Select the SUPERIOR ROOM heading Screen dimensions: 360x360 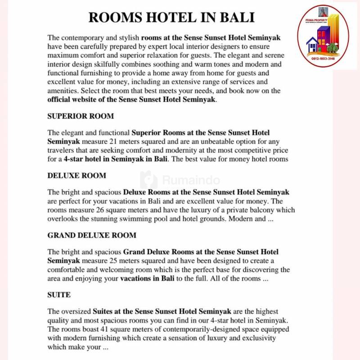[81, 116]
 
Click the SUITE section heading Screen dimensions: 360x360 [59, 295]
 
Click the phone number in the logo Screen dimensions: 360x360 [323, 58]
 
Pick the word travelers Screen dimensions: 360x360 [63, 150]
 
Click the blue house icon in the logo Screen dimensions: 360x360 [311, 45]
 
